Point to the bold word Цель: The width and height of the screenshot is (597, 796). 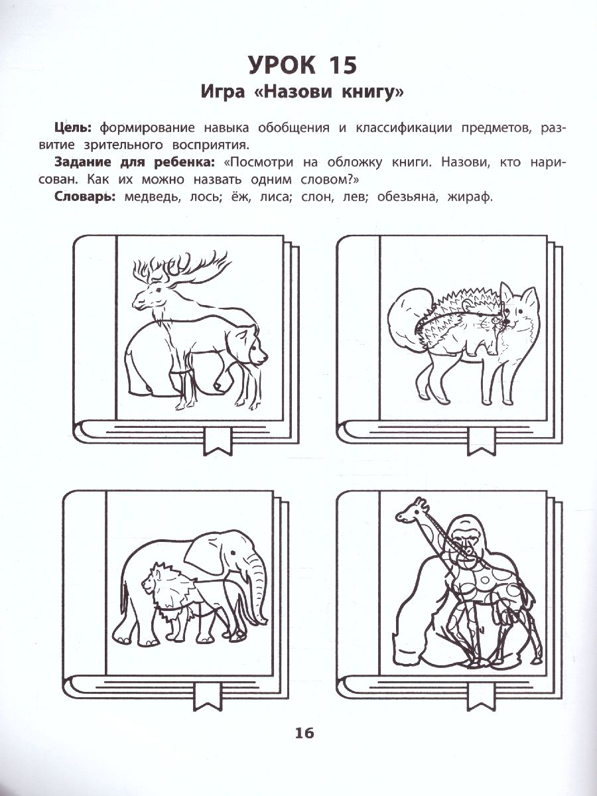73,129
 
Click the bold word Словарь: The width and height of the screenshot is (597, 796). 85,197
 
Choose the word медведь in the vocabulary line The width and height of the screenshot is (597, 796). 153,197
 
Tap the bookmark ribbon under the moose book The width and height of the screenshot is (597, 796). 218,441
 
